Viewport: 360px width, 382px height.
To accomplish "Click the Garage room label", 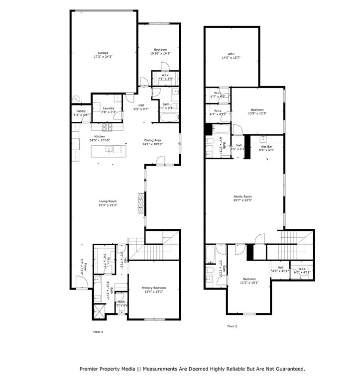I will (103, 53).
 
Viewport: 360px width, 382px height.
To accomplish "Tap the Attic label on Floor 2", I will (231, 54).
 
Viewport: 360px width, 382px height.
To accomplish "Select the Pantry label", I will (81, 111).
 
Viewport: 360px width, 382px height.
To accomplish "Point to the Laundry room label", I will (109, 108).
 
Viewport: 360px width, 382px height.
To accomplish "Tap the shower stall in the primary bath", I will (99, 312).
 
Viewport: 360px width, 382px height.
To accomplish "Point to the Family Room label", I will (243, 196).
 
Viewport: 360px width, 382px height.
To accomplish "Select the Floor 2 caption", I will (232, 326).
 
